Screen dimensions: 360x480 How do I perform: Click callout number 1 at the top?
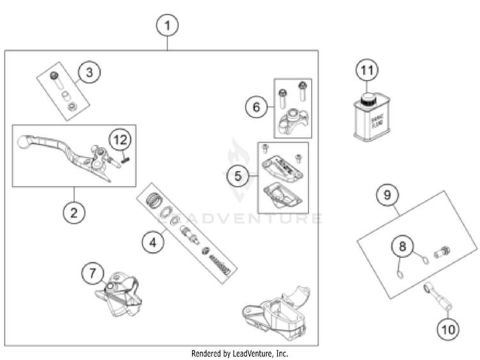coord(168,26)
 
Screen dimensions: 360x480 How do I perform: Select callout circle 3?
coord(90,72)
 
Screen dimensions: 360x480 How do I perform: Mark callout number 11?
coord(368,70)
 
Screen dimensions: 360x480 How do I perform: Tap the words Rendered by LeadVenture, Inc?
coord(239,353)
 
